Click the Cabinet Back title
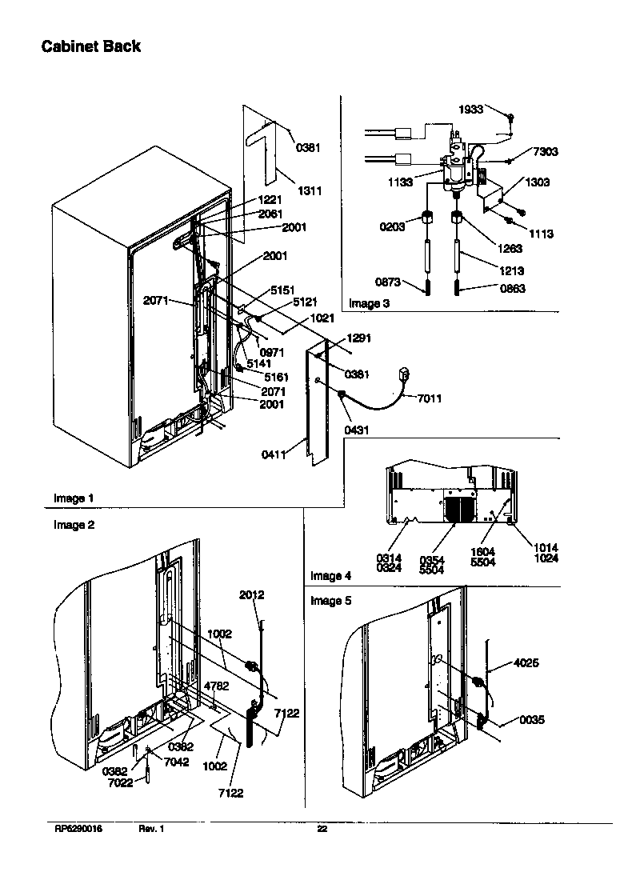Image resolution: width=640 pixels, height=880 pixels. pyautogui.click(x=91, y=46)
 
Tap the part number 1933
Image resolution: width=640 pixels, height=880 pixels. pyautogui.click(x=470, y=110)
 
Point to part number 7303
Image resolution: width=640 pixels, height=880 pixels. pyautogui.click(x=546, y=152)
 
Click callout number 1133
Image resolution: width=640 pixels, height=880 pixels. pyautogui.click(x=401, y=182)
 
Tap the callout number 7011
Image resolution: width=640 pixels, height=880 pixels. pyautogui.click(x=428, y=398)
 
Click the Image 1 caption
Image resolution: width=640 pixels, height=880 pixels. pyautogui.click(x=74, y=498)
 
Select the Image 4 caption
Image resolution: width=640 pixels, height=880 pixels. pyautogui.click(x=330, y=576)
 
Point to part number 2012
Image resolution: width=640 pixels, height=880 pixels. pyautogui.click(x=251, y=595)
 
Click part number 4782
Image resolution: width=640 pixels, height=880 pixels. pyautogui.click(x=217, y=686)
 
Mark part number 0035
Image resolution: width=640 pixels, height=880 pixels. pyautogui.click(x=531, y=720)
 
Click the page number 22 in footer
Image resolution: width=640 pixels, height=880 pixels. pyautogui.click(x=322, y=829)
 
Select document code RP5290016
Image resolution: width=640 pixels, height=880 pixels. pyautogui.click(x=78, y=829)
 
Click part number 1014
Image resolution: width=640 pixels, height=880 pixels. pyautogui.click(x=546, y=548)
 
